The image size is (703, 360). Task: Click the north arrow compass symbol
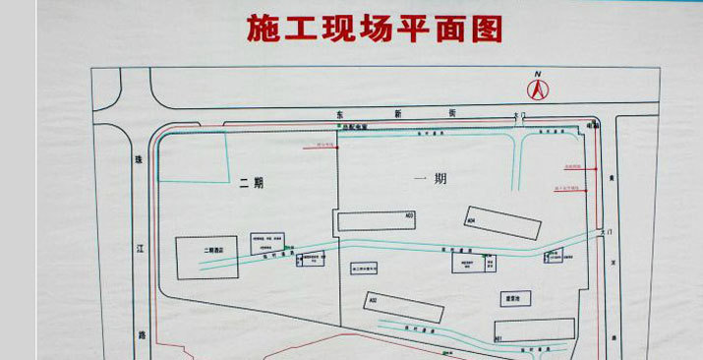point(538,89)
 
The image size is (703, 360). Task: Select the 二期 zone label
point(252,182)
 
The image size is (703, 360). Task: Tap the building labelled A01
point(535,330)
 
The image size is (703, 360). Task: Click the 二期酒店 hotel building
point(207,258)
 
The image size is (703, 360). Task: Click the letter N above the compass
point(538,74)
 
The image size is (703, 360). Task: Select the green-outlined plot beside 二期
point(195,157)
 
